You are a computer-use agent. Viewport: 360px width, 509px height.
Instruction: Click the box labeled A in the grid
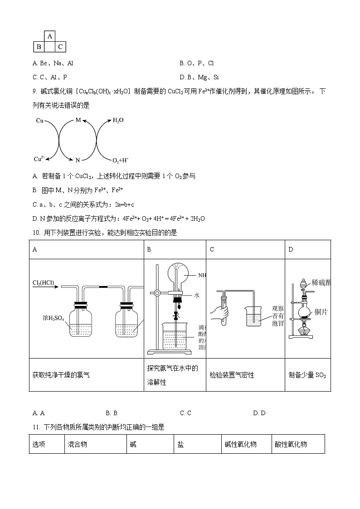point(50,36)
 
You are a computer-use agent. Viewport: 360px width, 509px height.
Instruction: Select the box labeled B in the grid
point(39,47)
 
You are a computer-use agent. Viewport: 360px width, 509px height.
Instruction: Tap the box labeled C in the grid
point(60,47)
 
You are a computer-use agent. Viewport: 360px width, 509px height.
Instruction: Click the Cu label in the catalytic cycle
point(39,121)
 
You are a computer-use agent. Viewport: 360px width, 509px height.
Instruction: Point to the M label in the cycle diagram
point(78,120)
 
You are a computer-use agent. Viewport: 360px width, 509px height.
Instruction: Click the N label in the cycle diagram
point(78,160)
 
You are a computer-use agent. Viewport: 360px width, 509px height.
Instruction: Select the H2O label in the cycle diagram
point(117,120)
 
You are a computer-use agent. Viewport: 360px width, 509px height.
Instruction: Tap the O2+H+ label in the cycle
point(120,160)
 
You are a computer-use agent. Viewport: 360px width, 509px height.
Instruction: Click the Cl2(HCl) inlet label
point(43,283)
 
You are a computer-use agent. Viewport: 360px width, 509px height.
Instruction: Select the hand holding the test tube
point(219,313)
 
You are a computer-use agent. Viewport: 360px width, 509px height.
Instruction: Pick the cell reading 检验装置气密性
point(232,375)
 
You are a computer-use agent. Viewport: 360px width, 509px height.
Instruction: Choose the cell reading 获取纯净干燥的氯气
point(61,375)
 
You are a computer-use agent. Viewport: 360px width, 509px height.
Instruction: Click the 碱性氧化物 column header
point(240,444)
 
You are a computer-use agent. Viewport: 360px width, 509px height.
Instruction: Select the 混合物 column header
point(77,444)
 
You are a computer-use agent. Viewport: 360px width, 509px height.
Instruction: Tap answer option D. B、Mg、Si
point(199,77)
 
